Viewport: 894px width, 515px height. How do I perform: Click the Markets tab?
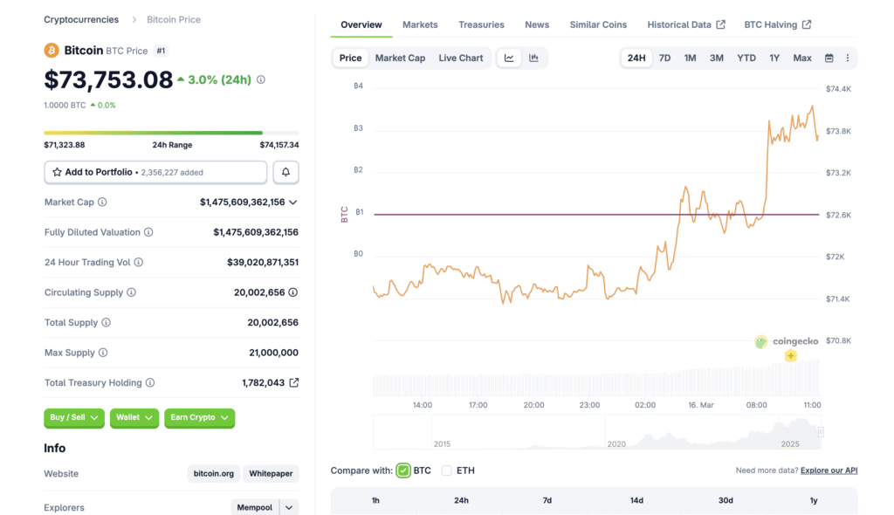420,24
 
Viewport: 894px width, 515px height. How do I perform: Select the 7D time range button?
664,58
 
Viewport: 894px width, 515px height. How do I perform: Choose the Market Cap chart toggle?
400,58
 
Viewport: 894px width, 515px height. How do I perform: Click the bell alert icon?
285,173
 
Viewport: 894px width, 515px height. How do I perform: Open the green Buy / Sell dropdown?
74,418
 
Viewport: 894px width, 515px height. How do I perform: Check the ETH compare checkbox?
447,470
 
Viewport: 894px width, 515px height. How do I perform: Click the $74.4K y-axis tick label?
838,89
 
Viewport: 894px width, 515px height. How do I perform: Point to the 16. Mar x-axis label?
701,405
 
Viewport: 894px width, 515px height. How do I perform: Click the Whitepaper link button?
271,474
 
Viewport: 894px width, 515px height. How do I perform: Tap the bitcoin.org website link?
213,474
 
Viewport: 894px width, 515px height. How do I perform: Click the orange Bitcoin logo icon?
52,51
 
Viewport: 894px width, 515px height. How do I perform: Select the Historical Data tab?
686,24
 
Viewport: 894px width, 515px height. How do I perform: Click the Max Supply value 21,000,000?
273,353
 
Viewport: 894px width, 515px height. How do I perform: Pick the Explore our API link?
829,470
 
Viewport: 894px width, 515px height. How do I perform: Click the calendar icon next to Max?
829,58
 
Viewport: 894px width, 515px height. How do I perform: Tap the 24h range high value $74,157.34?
279,145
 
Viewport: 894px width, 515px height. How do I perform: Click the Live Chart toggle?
460,58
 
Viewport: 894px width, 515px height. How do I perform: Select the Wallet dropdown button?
134,418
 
